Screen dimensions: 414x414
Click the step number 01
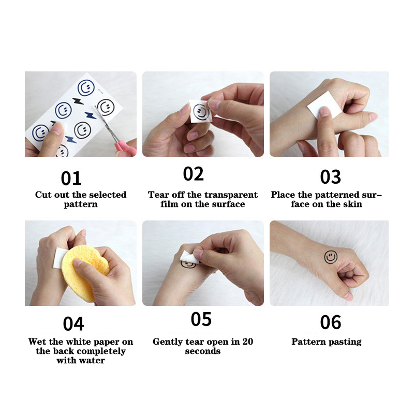(71, 178)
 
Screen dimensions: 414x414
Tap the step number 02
(193, 173)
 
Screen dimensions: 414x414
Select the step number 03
(330, 176)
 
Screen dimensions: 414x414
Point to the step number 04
(73, 324)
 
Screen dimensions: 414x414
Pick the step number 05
(201, 319)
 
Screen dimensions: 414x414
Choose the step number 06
(331, 322)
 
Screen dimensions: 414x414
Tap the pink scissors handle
(125, 147)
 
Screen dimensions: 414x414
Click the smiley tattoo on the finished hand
(331, 257)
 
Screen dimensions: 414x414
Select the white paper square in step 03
(324, 105)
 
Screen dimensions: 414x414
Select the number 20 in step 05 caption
(248, 342)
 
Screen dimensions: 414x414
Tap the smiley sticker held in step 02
(201, 112)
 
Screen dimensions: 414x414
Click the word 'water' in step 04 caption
(93, 361)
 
